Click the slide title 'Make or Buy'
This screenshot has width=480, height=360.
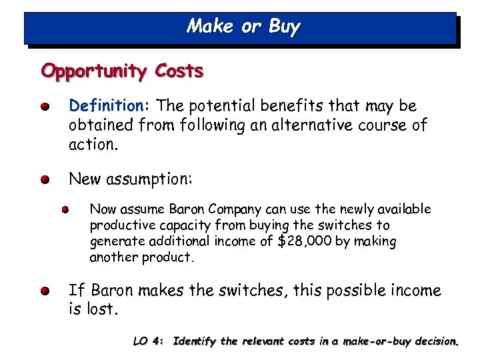(243, 26)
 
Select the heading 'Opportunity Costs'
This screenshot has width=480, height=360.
(122, 71)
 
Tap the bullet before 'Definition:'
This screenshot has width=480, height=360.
(44, 107)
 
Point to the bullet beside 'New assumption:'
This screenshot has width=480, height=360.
(44, 180)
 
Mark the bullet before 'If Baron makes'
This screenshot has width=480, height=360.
(44, 292)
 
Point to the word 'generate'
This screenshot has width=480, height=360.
(116, 241)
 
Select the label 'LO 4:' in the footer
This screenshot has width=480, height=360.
(148, 341)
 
